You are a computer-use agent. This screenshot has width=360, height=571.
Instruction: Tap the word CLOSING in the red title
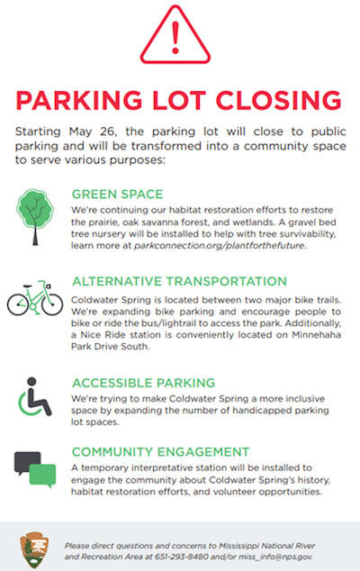point(279,100)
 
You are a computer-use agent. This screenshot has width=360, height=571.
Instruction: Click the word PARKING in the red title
point(79,100)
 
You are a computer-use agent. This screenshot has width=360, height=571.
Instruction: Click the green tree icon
point(35,217)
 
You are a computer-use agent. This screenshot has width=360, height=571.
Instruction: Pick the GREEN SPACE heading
point(117,195)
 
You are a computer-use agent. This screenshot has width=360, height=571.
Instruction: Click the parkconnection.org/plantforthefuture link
point(220,246)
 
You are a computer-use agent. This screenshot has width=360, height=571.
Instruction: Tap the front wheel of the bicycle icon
point(52,304)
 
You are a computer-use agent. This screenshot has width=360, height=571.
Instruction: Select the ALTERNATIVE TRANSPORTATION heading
point(179,282)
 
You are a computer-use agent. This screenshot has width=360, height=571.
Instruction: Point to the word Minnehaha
point(316,335)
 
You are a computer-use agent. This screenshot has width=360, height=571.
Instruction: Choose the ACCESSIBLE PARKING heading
point(143,383)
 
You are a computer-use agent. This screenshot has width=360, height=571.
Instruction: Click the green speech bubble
point(43,475)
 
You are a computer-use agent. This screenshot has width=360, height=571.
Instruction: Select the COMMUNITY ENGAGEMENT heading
point(160,452)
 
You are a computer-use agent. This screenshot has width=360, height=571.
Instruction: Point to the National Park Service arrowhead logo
point(34,550)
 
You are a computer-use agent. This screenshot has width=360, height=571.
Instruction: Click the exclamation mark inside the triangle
point(175,38)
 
